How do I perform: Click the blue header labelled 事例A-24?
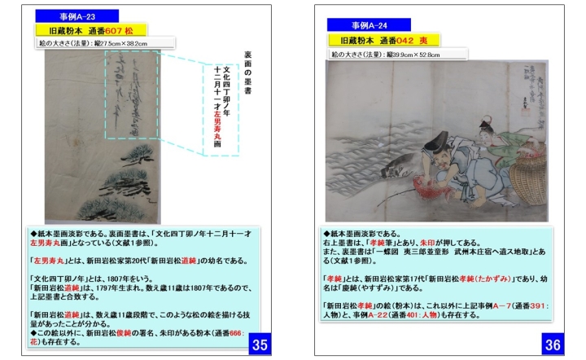(x=369, y=25)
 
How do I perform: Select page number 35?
(x=260, y=345)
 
